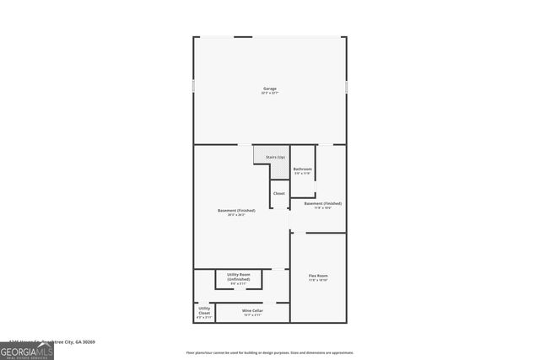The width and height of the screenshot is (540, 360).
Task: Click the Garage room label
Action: [269, 89]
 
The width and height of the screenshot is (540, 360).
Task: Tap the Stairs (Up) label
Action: [275, 158]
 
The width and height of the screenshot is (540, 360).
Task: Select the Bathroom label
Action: [303, 169]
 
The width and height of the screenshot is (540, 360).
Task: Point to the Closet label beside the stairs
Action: [279, 193]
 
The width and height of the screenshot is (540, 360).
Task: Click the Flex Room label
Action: [318, 276]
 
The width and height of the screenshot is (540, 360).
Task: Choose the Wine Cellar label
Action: [252, 310]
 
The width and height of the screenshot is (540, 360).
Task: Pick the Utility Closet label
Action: [204, 310]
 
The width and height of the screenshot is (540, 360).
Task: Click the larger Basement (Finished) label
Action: [236, 210]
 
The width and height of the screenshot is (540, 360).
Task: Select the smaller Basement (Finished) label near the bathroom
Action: [322, 203]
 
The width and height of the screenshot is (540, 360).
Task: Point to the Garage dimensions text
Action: [269, 93]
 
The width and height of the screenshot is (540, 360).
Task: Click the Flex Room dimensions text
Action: [318, 280]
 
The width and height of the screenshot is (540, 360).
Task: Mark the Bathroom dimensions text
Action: [303, 174]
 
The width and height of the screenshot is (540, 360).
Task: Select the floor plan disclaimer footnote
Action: [269, 352]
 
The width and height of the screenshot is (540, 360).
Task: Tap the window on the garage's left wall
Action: [193, 87]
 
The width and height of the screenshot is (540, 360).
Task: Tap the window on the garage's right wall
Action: [346, 87]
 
